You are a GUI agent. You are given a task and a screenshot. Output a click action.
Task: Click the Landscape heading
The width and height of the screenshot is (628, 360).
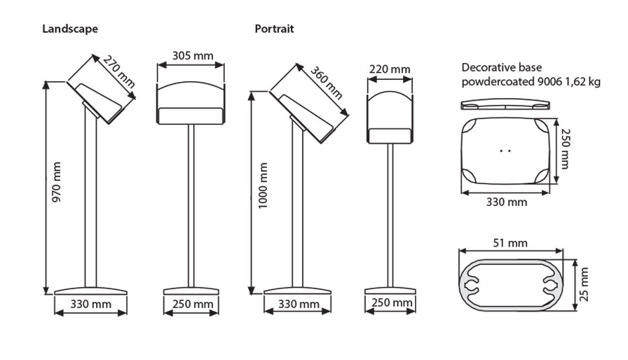click(x=69, y=29)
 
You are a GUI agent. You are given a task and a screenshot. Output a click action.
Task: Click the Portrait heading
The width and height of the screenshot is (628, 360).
click(x=274, y=29)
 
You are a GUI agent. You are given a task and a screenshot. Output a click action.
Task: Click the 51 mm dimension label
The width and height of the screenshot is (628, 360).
click(x=510, y=243)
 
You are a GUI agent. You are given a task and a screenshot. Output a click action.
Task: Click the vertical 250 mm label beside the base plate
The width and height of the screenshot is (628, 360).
click(x=566, y=148)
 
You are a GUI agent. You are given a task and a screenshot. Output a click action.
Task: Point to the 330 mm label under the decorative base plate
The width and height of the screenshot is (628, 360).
click(x=506, y=202)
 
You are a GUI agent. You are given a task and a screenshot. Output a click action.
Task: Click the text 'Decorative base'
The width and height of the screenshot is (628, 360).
click(x=496, y=68)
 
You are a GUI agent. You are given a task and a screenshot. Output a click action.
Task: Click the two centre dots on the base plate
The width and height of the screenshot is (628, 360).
click(x=505, y=149)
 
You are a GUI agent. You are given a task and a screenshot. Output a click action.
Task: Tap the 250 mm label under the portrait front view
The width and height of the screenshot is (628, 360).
click(x=390, y=303)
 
